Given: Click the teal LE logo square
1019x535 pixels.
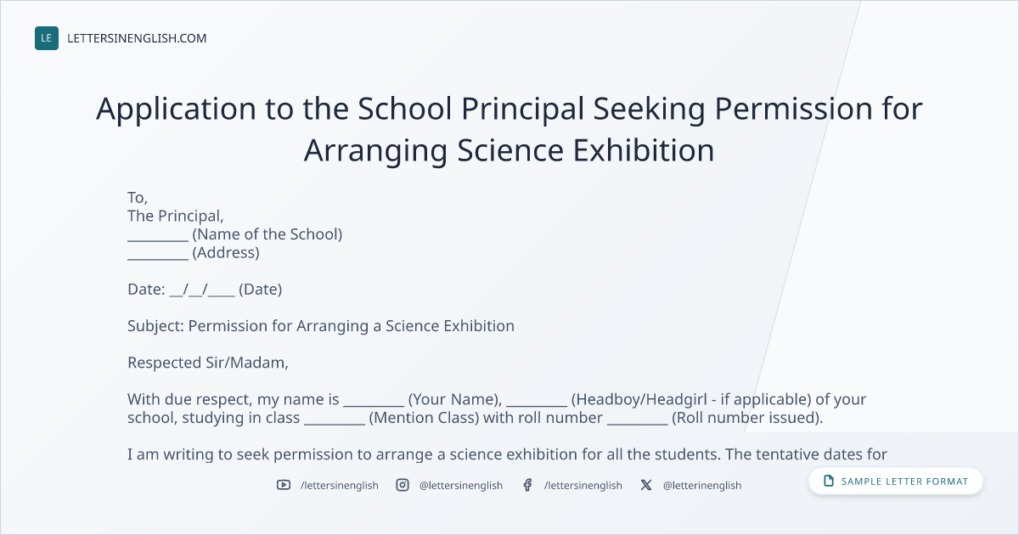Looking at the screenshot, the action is (47, 38).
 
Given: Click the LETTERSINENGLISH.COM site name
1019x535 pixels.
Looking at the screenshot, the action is (137, 38).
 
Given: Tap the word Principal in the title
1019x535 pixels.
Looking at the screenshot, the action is (523, 110).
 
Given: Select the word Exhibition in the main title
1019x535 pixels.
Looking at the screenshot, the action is (644, 150).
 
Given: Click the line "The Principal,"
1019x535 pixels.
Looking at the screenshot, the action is (176, 216).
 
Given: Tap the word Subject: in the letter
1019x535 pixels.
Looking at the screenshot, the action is (155, 326).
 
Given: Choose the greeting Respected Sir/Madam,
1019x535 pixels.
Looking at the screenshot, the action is (208, 363).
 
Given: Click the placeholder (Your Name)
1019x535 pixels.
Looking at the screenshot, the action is (455, 399).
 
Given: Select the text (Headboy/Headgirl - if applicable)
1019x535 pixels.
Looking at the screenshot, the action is (691, 399).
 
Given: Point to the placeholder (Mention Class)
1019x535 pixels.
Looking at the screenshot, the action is (424, 418).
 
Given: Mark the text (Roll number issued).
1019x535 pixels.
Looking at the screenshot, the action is (747, 418).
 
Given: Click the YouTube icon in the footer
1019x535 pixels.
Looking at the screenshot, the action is (284, 485).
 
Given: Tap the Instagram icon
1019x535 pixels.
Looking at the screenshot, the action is (403, 485).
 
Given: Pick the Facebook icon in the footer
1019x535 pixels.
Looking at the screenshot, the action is (527, 485).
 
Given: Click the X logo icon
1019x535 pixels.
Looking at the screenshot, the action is (646, 485).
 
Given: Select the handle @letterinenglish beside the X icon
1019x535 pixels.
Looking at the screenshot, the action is (702, 486).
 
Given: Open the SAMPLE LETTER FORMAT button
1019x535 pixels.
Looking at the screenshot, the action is (895, 481).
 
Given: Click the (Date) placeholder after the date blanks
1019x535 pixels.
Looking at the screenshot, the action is (260, 290).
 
